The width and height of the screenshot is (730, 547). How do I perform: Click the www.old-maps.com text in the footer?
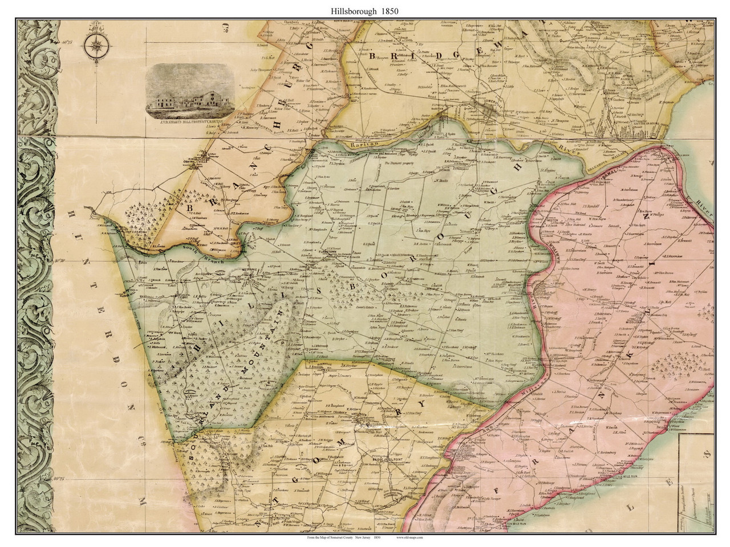point(416,537)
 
